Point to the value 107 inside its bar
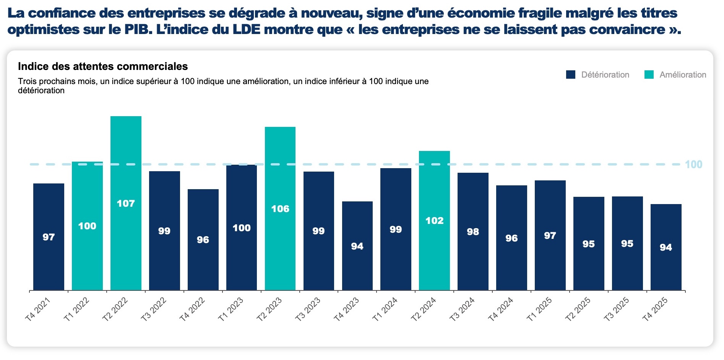126,203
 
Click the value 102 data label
434,221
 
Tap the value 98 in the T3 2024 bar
473,232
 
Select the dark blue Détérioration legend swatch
571,75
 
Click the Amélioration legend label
683,75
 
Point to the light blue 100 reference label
693,164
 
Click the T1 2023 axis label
231,309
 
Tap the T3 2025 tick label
616,309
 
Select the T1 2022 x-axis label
76,309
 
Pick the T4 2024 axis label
500,309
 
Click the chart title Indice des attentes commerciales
103,66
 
